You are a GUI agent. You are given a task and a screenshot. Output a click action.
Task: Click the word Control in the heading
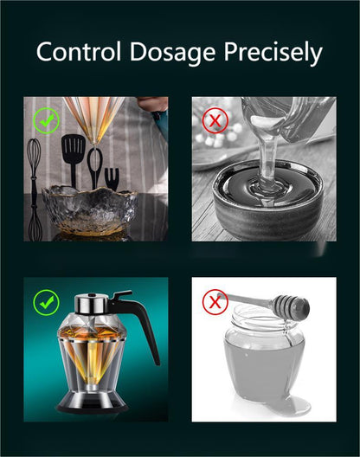click(x=79, y=52)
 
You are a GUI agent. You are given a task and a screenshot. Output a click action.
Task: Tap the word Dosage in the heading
click(x=173, y=54)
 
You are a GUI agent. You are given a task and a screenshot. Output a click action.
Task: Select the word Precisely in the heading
click(x=273, y=54)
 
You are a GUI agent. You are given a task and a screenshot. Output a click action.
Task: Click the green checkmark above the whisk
click(x=46, y=120)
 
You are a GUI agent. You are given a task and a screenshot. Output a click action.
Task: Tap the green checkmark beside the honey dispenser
click(x=46, y=303)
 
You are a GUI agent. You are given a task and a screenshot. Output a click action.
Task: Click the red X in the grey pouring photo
click(x=215, y=120)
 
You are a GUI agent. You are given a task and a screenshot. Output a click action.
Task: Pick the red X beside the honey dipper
click(x=215, y=302)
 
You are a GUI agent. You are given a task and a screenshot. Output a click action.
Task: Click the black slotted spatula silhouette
click(x=73, y=160)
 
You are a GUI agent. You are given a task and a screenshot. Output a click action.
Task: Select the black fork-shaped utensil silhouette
click(x=112, y=178)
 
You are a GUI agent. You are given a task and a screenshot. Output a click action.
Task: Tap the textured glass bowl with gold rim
click(x=90, y=210)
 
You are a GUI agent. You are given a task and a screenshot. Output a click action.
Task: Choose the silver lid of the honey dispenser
click(x=92, y=304)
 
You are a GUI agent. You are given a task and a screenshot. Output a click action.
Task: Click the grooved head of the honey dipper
click(x=291, y=306)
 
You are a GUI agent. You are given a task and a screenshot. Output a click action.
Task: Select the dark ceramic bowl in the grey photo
click(x=267, y=197)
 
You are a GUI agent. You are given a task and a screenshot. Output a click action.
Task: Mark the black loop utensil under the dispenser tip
click(x=94, y=168)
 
